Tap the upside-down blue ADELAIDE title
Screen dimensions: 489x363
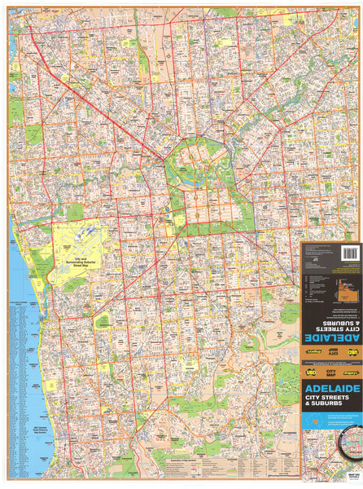tap(331, 337)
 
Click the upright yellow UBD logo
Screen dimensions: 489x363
tap(310, 371)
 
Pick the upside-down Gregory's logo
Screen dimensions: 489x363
tap(311, 351)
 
